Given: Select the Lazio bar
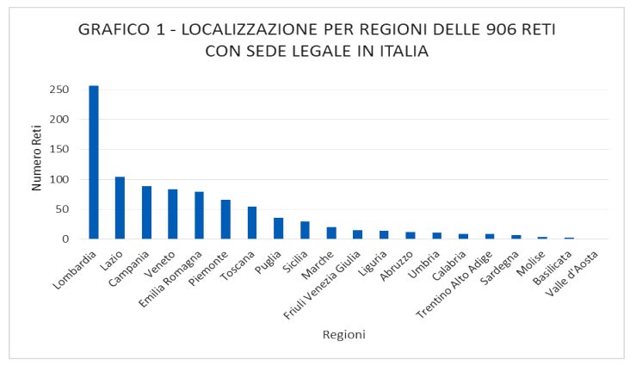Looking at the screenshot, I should pos(120,208).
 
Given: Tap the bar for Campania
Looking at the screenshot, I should pos(146,213).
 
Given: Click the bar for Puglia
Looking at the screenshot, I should pos(278,228).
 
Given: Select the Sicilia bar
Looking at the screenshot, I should pos(305,230).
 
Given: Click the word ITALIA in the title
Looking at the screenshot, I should pos(403,51).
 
